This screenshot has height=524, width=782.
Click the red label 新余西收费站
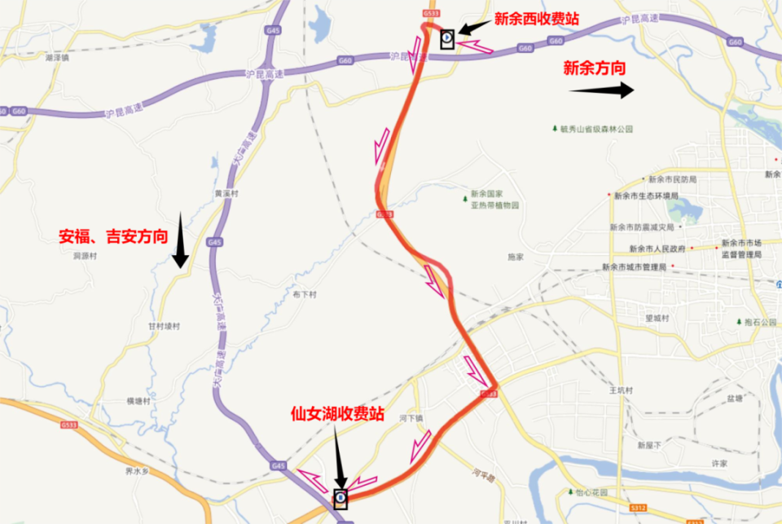(536, 19)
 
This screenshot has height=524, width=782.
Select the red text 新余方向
(595, 68)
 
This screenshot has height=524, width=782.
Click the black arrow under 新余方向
(602, 90)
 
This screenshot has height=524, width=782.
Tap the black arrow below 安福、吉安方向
(180, 249)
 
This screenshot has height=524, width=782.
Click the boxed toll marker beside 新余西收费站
(446, 38)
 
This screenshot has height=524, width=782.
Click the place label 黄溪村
(226, 194)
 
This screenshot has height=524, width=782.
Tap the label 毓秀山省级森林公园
(596, 130)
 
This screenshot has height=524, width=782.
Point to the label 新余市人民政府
(660, 249)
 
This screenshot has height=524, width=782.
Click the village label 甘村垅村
(164, 326)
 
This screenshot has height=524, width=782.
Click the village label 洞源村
(85, 255)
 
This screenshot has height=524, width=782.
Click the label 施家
(516, 256)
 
